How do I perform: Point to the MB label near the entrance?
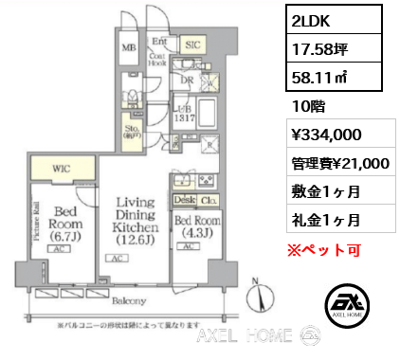pyautogui.click(x=125, y=47)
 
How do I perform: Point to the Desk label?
pyautogui.click(x=182, y=201)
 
